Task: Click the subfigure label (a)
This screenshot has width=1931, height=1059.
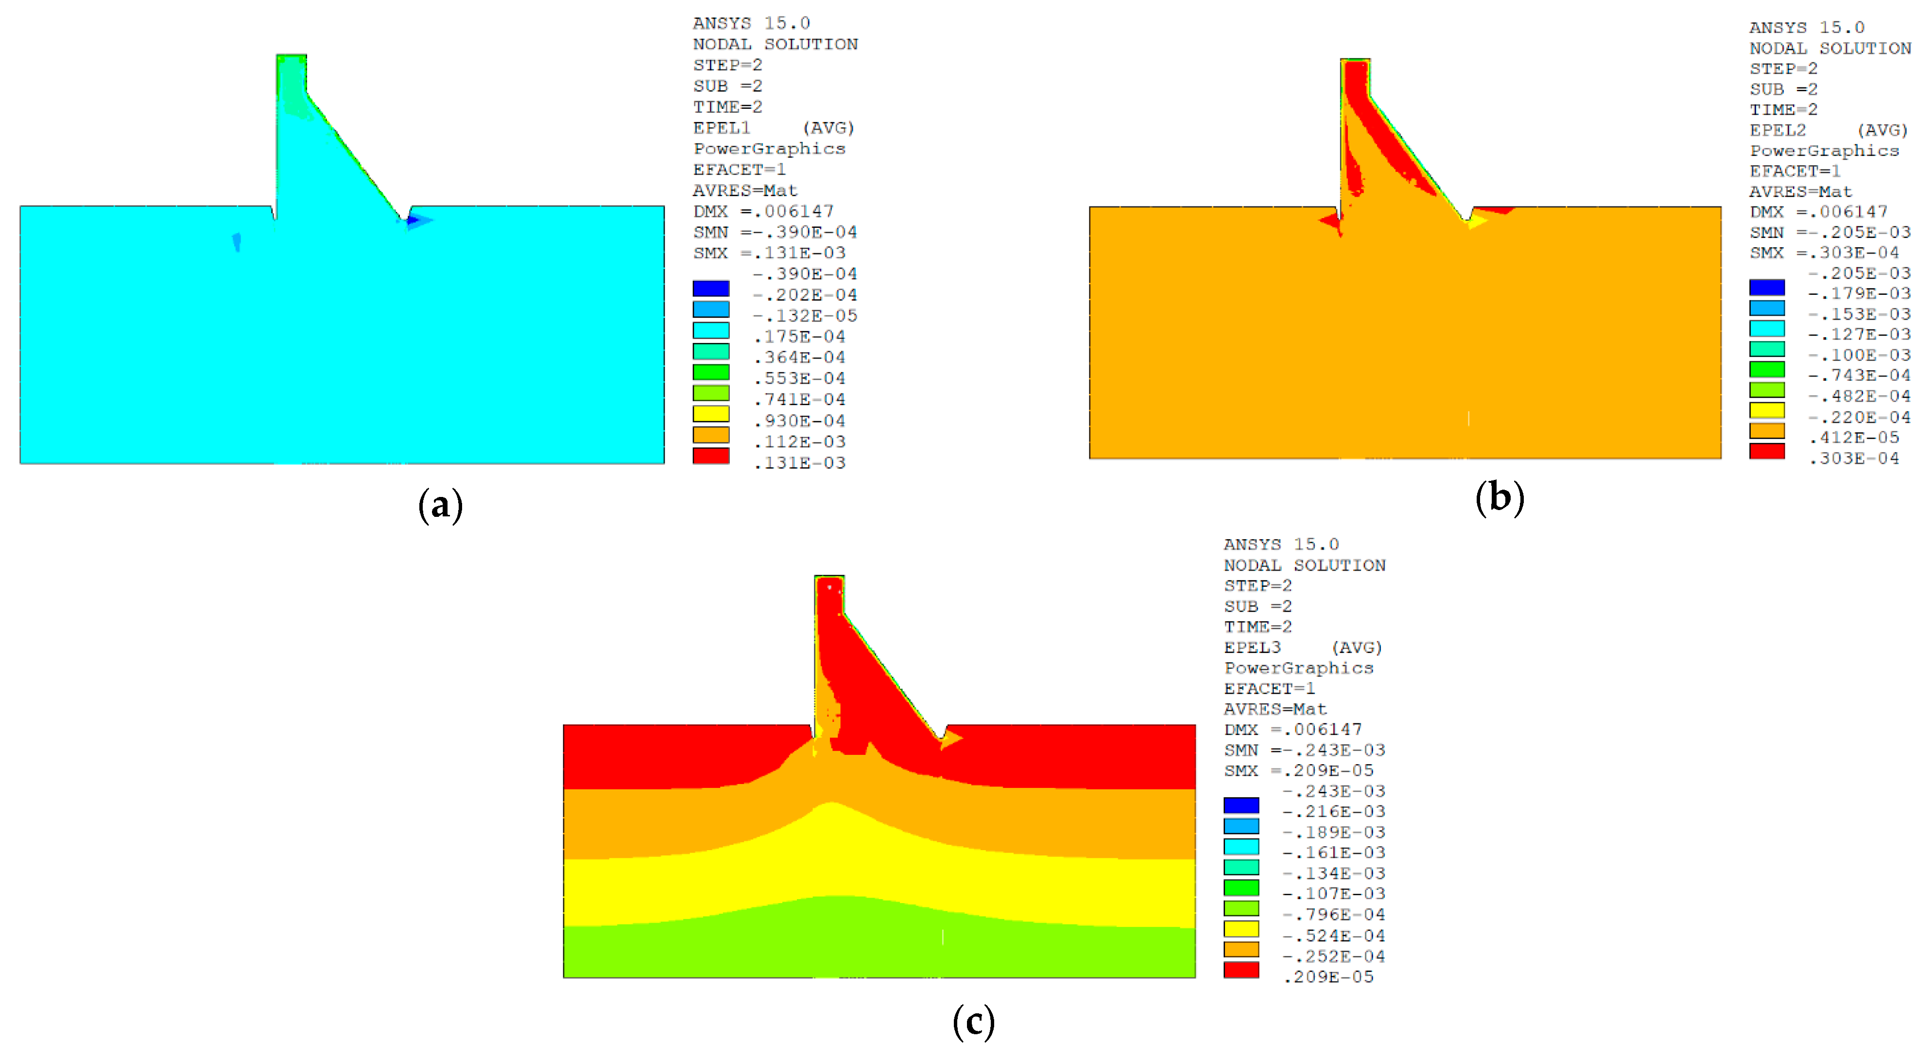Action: tap(440, 505)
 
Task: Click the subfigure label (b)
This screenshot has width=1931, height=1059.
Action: tap(1499, 497)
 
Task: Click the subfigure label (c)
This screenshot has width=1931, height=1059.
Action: tap(973, 1022)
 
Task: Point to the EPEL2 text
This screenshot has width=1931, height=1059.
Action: tap(1777, 130)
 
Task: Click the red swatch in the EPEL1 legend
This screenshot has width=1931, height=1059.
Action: tap(710, 456)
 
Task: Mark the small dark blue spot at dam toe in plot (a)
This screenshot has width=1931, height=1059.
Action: tap(412, 221)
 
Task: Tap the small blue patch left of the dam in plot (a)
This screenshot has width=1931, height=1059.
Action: tap(237, 241)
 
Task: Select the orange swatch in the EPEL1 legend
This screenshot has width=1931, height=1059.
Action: tap(710, 435)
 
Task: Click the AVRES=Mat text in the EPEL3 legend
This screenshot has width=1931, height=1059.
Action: tap(1275, 709)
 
